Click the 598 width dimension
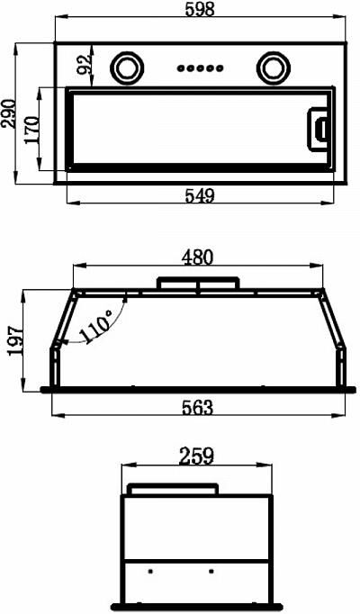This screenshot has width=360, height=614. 200,9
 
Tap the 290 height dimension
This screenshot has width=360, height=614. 9,113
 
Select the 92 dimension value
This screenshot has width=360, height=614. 84,64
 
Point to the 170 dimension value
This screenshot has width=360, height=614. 32,130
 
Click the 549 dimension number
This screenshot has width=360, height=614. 200,195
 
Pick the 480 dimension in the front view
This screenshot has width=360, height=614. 198,257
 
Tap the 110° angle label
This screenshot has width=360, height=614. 96,326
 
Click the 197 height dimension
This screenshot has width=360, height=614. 15,340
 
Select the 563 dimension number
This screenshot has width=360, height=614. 198,408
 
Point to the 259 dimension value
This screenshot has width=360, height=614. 197,456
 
